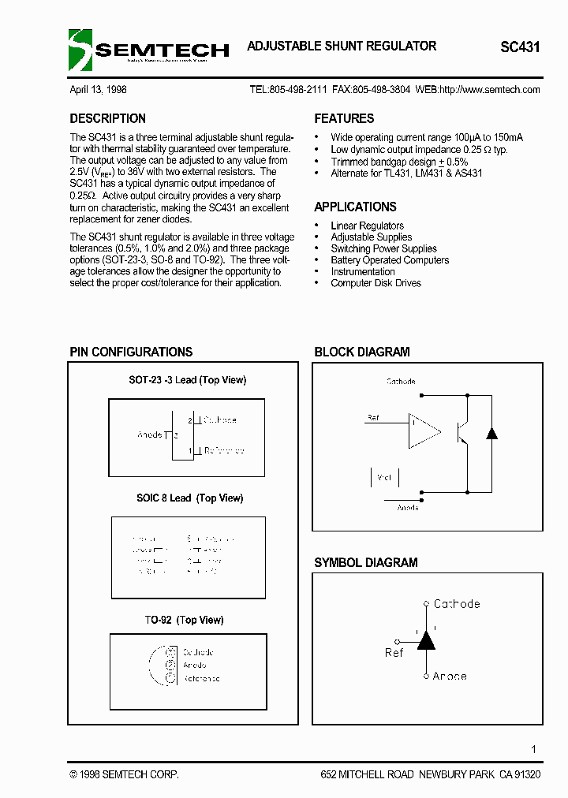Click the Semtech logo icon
pos(80,49)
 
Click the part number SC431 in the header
pos(520,47)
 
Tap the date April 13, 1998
pos(98,90)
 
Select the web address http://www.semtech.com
pos(489,90)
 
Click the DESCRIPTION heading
pos(107,119)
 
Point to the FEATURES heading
pos(344,119)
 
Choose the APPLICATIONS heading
pos(355,207)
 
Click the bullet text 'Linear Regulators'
pos(367,226)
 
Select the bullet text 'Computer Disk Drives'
pos(376,283)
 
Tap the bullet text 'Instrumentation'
pos(362,271)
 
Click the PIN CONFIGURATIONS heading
pos(131,352)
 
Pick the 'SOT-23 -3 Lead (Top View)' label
pos(187,380)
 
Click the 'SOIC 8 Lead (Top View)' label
pos(189,498)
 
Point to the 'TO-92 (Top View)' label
pos(184,621)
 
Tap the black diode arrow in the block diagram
pos(491,432)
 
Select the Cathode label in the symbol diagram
pos(457,604)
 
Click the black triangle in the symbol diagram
pos(426,640)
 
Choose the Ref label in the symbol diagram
pos(394,653)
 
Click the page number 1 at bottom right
pos(534,749)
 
